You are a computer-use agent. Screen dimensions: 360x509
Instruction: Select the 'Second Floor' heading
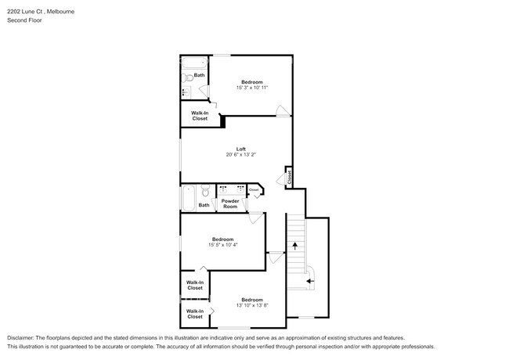[x=24, y=20]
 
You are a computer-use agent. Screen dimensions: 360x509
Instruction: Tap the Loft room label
[x=241, y=149]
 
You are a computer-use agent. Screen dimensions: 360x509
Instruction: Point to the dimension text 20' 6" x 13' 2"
[x=241, y=155]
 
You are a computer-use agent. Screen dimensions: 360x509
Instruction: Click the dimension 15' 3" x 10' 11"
[x=251, y=88]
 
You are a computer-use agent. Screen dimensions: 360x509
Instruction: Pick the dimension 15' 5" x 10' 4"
[x=222, y=245]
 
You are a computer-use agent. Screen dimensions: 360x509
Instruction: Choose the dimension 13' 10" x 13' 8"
[x=251, y=305]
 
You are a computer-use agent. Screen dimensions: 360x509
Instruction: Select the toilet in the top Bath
[x=188, y=77]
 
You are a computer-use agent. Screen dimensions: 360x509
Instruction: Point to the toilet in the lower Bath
[x=204, y=191]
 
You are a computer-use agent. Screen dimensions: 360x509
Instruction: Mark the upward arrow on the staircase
[x=295, y=246]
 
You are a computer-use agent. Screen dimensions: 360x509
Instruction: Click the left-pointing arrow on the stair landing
[x=309, y=279]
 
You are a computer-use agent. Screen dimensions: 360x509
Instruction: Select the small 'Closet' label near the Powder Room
[x=254, y=189]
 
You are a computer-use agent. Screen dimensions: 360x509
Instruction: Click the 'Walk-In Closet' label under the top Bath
[x=199, y=116]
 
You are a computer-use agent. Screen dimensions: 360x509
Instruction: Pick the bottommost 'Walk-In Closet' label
[x=194, y=313]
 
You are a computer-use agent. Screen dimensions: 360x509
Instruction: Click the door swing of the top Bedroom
[x=281, y=110]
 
